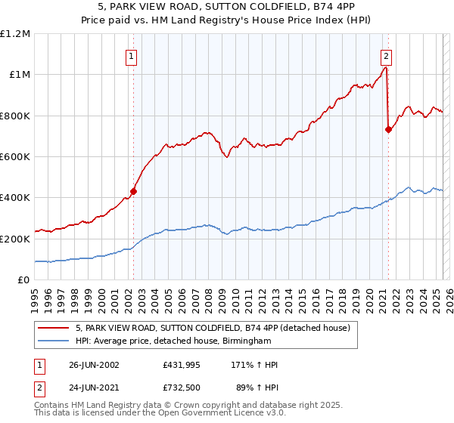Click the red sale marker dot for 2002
click(x=133, y=191)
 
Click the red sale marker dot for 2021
click(x=388, y=129)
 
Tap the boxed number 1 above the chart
click(x=132, y=55)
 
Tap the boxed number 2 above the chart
click(x=386, y=55)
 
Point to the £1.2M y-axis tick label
click(x=16, y=34)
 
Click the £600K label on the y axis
click(x=16, y=157)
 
